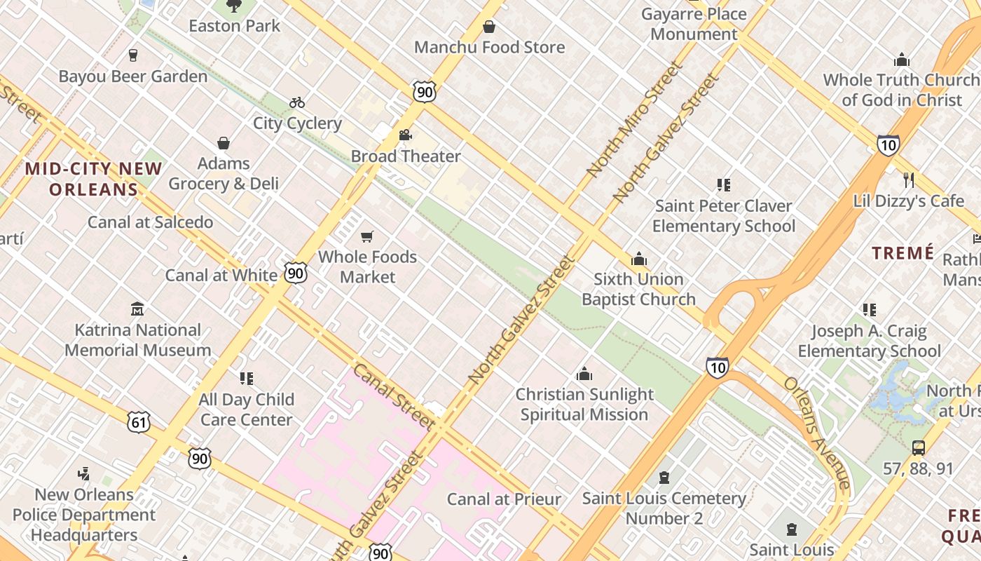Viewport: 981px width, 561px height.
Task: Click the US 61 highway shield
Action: click(139, 421)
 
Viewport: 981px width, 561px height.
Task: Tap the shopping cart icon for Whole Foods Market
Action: click(367, 237)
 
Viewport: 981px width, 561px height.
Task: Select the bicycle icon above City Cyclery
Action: click(297, 102)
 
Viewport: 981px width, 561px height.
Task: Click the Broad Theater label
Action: click(406, 156)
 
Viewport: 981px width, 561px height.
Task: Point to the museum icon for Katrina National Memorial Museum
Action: click(137, 309)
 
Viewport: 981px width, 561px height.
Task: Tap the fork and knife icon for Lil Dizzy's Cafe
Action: click(909, 180)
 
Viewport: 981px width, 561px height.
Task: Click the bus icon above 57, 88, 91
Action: click(918, 447)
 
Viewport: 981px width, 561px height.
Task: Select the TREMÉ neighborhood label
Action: click(903, 253)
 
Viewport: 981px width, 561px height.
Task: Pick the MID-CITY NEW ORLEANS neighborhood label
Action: click(94, 179)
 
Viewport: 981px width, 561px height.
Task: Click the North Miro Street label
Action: click(634, 119)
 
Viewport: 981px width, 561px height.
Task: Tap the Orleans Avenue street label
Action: click(816, 433)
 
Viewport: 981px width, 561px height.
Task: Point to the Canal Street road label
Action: click(393, 396)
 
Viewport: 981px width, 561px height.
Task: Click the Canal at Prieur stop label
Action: click(504, 499)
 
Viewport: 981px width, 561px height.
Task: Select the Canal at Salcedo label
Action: click(150, 222)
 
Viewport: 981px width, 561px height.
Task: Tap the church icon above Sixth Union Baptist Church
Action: click(638, 259)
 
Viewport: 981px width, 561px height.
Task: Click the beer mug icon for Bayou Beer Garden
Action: click(133, 55)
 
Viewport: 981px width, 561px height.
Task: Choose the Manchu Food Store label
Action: click(489, 47)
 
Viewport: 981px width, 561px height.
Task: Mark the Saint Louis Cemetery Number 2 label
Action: click(664, 508)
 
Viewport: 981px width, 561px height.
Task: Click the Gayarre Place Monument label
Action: click(694, 24)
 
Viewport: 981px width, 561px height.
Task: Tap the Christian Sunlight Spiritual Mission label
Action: click(584, 404)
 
